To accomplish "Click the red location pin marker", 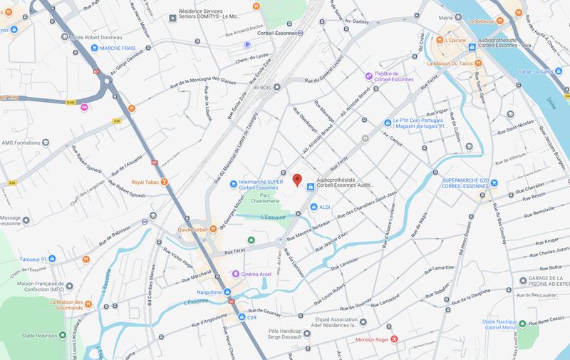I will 298,180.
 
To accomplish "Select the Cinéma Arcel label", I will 261,274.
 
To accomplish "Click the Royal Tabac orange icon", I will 165,182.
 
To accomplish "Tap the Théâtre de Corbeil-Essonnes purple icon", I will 368,76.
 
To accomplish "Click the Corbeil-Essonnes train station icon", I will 302,32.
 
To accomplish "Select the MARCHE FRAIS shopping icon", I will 94,48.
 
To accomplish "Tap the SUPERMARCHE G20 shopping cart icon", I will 493,181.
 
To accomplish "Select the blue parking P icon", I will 248,44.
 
